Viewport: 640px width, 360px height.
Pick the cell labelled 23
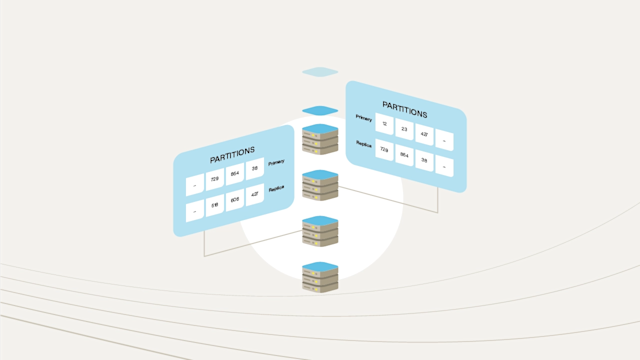pos(404,129)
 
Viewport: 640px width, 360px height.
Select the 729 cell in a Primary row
pos(215,180)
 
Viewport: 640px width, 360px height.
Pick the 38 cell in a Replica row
pos(425,162)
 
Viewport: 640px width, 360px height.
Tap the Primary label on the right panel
pos(363,117)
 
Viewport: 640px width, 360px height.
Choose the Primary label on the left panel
pos(277,162)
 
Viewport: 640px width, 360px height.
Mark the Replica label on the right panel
pos(363,144)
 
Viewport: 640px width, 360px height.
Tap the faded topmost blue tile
pos(321,72)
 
